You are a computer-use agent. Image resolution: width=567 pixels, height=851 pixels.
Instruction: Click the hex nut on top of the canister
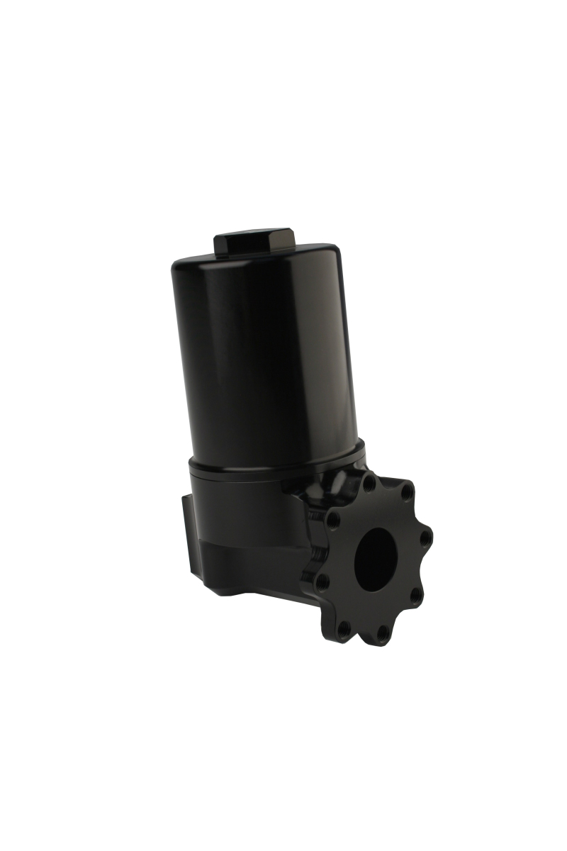coord(254,243)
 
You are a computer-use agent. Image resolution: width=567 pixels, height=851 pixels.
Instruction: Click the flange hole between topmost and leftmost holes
coord(334,521)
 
